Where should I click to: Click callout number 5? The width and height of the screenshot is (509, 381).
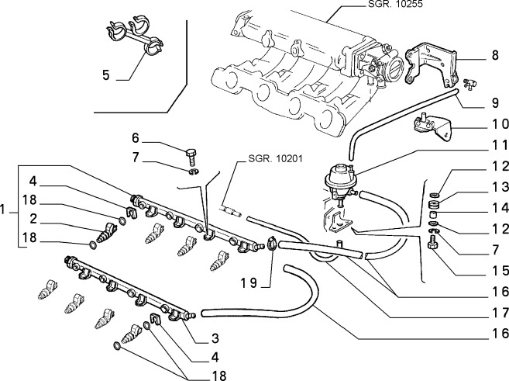tap(107, 77)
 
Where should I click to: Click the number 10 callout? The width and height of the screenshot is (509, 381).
tap(496, 124)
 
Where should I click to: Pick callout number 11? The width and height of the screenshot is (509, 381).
tap(496, 145)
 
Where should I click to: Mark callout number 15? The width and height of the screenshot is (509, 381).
tap(496, 271)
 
